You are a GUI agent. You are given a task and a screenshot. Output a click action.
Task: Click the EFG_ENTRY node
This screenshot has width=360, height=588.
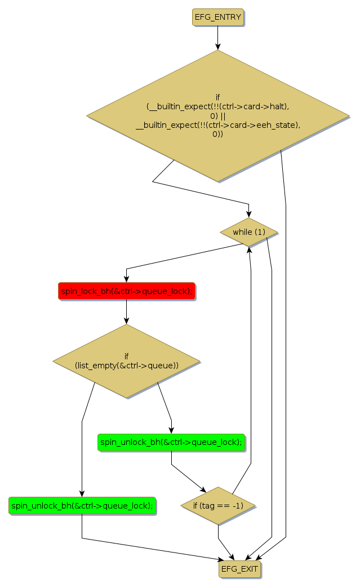coord(218,17)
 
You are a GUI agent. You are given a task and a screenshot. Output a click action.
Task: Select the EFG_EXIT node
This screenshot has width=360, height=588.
coord(240,569)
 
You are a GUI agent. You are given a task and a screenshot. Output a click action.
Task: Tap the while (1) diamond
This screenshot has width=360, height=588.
coord(249,232)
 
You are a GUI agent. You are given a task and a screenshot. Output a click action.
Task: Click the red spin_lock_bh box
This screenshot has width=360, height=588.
coord(126,291)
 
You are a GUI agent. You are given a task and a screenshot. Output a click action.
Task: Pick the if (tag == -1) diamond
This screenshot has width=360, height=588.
coord(218,506)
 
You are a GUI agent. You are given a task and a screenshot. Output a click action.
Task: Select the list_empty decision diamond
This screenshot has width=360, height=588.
coord(126,361)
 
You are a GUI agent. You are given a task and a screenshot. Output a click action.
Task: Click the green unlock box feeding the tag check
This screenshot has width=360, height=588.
coord(171,442)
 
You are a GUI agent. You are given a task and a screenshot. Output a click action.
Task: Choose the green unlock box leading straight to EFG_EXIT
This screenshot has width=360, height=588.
coord(82,505)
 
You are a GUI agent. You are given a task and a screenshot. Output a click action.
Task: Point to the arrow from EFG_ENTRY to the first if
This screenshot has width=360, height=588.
coord(218,38)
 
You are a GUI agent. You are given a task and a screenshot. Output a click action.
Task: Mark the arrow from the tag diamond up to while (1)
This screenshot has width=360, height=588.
coord(251,366)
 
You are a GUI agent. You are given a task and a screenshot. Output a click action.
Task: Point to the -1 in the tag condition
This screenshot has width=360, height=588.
coord(239,506)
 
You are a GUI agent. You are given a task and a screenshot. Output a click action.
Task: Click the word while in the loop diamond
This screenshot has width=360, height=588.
coord(242,232)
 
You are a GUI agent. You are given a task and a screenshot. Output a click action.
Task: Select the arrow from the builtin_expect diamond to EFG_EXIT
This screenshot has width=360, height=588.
coord(286,338)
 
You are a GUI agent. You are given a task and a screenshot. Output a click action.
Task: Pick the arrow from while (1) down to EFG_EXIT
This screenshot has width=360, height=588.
coord(272,394)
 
